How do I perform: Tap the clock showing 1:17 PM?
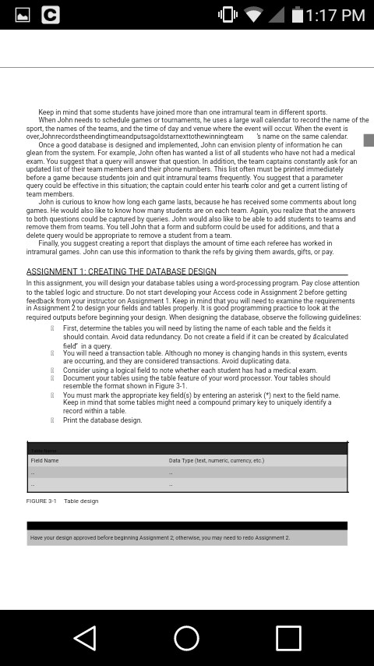[335, 15]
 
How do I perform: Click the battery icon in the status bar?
[298, 15]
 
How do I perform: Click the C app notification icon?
[50, 15]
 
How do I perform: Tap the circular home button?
[186, 638]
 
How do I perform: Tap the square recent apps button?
[288, 638]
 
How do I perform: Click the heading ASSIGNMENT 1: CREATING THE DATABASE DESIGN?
[122, 271]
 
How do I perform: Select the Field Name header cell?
[45, 460]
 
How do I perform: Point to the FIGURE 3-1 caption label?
[41, 501]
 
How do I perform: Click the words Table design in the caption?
[81, 501]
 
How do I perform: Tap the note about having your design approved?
[160, 537]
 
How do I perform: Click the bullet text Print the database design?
[102, 420]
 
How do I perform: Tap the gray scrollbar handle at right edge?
[369, 140]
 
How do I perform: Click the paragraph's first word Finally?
[49, 243]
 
